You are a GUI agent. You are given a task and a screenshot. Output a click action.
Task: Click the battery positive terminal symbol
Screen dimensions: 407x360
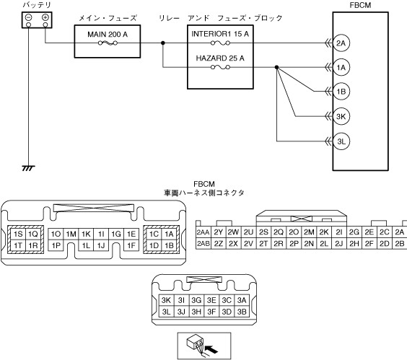click(45, 17)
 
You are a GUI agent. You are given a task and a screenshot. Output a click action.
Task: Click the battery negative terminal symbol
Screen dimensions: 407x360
click(29, 17)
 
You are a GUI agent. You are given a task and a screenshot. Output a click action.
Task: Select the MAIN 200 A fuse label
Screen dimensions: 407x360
click(108, 35)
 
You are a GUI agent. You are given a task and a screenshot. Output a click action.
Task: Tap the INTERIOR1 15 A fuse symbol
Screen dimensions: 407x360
click(220, 43)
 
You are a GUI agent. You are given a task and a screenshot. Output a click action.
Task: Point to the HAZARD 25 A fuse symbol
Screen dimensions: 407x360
click(220, 68)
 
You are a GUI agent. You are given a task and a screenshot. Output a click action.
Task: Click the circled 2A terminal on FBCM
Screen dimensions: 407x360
click(341, 43)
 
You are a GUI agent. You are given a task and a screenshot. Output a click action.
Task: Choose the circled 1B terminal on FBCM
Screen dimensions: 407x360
click(341, 92)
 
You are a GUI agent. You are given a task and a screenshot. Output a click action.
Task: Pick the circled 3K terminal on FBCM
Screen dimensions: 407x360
click(341, 116)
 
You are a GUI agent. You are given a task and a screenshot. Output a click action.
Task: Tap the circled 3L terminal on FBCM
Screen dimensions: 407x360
click(341, 141)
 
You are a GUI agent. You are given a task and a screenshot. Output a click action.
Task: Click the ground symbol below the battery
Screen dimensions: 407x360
click(28, 168)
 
